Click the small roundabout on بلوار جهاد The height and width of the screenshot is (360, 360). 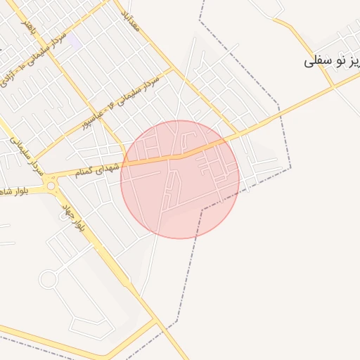tap(51, 186)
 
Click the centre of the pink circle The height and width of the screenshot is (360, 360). tap(180, 179)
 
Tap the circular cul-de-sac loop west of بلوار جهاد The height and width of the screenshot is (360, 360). tap(48, 279)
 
